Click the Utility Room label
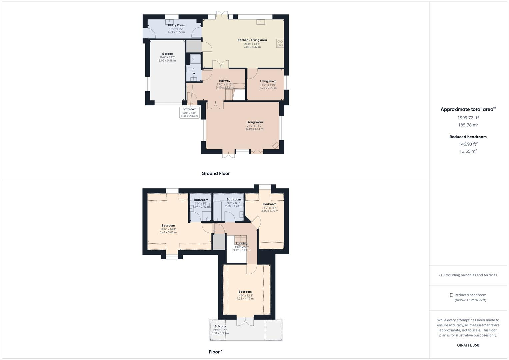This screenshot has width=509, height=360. coord(176,25)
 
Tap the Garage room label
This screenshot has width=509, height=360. coord(167,54)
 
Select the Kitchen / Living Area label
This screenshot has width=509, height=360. coord(252,40)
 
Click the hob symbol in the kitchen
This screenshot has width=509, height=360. coord(280,43)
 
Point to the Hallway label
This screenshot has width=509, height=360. coord(225,81)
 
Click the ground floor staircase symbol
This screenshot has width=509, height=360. coord(229,95)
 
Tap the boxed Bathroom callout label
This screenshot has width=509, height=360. coord(189,109)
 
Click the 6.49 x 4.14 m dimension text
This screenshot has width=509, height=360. coord(255,129)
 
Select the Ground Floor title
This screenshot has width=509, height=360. coord(215,173)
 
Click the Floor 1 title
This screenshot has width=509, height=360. coord(215,352)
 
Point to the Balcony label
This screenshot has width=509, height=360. coord(220,326)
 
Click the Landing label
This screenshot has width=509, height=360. coord(242,243)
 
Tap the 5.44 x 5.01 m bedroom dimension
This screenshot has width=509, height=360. coord(168,232)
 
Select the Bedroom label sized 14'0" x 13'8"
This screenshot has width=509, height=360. coord(245,292)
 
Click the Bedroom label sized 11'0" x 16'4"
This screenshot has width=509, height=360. coord(270,204)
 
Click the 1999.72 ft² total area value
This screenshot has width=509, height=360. coord(468,118)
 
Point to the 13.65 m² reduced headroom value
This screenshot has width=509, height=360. coord(468,151)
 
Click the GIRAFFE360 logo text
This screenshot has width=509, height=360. coord(468,345)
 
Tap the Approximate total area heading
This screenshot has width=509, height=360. coord(467,109)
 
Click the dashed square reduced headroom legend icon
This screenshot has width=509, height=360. coord(452,295)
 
